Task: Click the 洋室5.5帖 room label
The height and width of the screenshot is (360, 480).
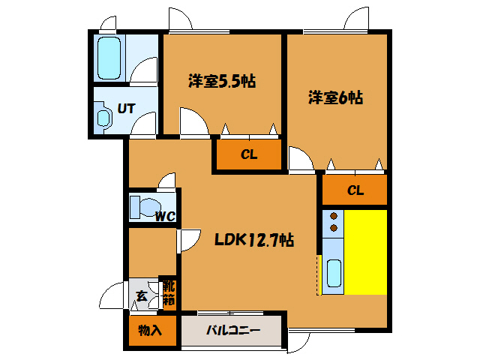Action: point(221,81)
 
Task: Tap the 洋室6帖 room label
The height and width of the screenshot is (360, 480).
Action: point(335,97)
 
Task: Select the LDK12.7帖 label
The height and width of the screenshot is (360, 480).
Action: point(253,240)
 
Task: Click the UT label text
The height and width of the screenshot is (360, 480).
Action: point(126,108)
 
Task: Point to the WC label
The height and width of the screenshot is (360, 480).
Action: point(164,217)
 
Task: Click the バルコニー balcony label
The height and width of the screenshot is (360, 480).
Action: point(233,330)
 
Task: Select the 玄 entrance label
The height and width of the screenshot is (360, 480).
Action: point(142,295)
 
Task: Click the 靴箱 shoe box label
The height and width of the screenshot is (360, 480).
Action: point(169,292)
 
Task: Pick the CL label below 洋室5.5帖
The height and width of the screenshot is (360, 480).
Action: point(249,155)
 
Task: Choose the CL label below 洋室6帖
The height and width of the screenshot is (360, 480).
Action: point(355,190)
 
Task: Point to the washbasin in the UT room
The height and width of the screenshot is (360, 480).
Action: point(103,119)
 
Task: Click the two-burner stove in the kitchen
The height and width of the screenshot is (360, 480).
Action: point(332,222)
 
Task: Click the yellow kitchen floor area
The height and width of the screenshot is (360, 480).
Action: point(365,252)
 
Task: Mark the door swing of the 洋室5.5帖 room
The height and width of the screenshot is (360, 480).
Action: point(191,121)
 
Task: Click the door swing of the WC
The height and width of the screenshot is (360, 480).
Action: point(166,181)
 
